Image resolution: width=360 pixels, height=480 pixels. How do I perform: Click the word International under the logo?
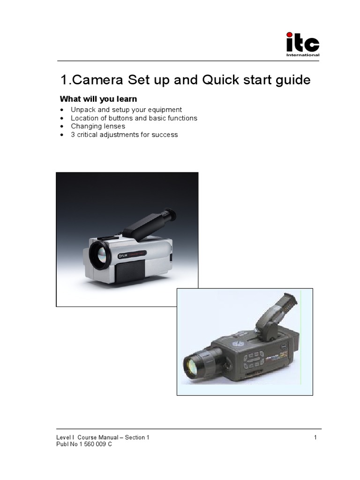coord(303,55)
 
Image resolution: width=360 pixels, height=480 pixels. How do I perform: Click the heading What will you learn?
coord(98,99)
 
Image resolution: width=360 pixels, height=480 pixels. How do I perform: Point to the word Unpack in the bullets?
coord(83,110)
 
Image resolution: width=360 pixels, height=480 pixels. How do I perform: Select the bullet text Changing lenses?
coord(98,127)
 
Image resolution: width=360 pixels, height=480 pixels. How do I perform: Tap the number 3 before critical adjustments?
coord(73,135)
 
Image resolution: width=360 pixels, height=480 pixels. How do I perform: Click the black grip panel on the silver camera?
coord(130,270)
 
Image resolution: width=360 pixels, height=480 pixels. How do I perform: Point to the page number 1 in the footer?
coord(316,438)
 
